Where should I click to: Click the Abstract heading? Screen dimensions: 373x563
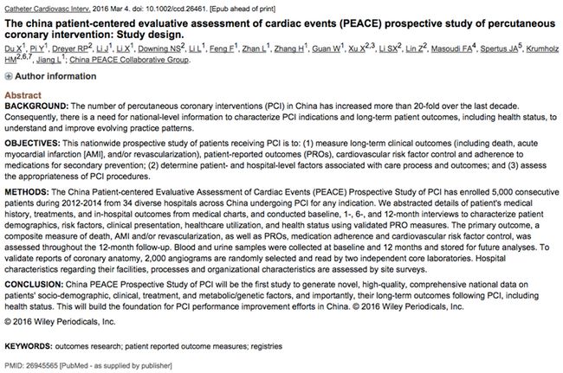coord(23,93)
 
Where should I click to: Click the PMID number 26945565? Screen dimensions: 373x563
coord(46,364)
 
